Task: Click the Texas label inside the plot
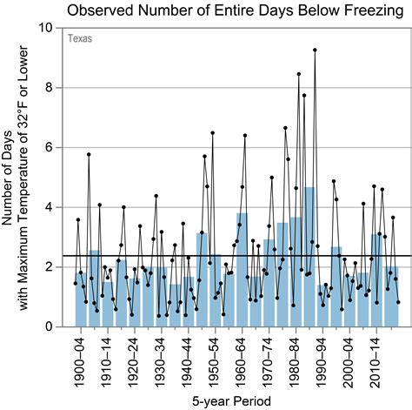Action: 80,39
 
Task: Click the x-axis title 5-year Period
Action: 229,400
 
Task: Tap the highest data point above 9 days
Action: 315,50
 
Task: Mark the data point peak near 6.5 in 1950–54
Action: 212,133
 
